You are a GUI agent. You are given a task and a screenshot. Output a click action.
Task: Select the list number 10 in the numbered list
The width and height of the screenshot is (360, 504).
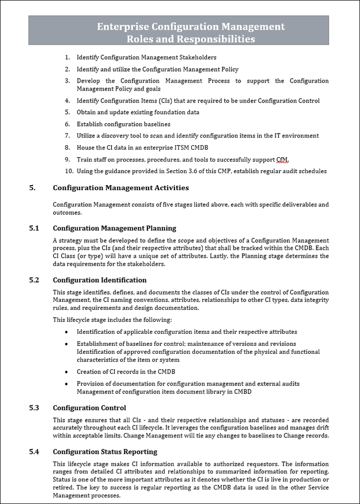[x=69, y=171]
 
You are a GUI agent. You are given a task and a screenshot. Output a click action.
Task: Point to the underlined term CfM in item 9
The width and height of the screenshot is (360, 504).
[x=282, y=160]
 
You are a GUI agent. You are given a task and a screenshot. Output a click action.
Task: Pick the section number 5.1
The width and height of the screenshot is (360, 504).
[x=34, y=228]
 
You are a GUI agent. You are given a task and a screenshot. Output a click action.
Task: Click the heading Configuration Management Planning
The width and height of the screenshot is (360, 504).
[x=114, y=228]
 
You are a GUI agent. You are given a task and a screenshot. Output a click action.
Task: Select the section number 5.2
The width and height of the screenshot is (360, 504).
[x=34, y=280]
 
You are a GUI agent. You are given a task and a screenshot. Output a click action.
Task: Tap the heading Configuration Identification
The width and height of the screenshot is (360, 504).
[x=99, y=280]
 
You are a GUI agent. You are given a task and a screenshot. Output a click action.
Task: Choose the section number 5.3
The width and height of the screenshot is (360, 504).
[x=34, y=408]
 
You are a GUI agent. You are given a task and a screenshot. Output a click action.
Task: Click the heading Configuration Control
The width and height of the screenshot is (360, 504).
[x=89, y=408]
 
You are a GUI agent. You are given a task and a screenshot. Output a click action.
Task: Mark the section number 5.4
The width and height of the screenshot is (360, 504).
[x=34, y=451]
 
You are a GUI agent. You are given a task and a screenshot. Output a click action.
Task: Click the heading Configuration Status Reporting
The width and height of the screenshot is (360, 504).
[x=105, y=451]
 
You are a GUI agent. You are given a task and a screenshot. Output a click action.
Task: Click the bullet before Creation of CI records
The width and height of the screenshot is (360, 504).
[x=67, y=372]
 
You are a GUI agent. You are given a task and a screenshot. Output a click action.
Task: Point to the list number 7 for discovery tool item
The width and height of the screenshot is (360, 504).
[x=67, y=136]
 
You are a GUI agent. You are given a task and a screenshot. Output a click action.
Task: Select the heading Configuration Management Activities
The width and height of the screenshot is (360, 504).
[x=121, y=188]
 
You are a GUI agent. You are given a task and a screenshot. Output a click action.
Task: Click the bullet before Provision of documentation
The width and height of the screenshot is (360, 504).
[x=67, y=384]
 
